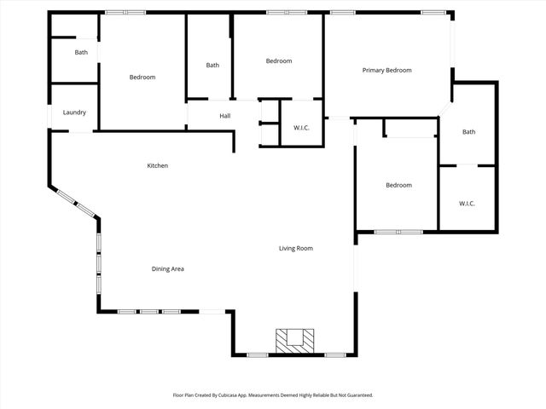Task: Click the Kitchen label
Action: [157, 165]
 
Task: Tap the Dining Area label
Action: [168, 269]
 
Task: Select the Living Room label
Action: [296, 249]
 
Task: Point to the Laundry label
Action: [74, 112]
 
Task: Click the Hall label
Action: [225, 116]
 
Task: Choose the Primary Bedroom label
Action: [386, 71]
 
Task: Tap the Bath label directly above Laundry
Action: [81, 53]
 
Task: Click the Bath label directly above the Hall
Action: [212, 66]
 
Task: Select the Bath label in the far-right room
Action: [468, 132]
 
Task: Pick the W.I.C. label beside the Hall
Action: [301, 129]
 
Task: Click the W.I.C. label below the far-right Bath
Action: [467, 204]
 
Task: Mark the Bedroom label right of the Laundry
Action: [142, 78]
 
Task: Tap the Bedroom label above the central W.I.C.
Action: [279, 61]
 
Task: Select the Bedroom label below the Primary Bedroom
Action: [398, 186]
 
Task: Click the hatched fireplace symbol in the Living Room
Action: [294, 339]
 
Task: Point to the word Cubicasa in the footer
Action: [241, 395]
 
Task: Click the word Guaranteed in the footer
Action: [357, 395]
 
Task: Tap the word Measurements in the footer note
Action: [279, 395]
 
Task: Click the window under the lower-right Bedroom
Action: [398, 231]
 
